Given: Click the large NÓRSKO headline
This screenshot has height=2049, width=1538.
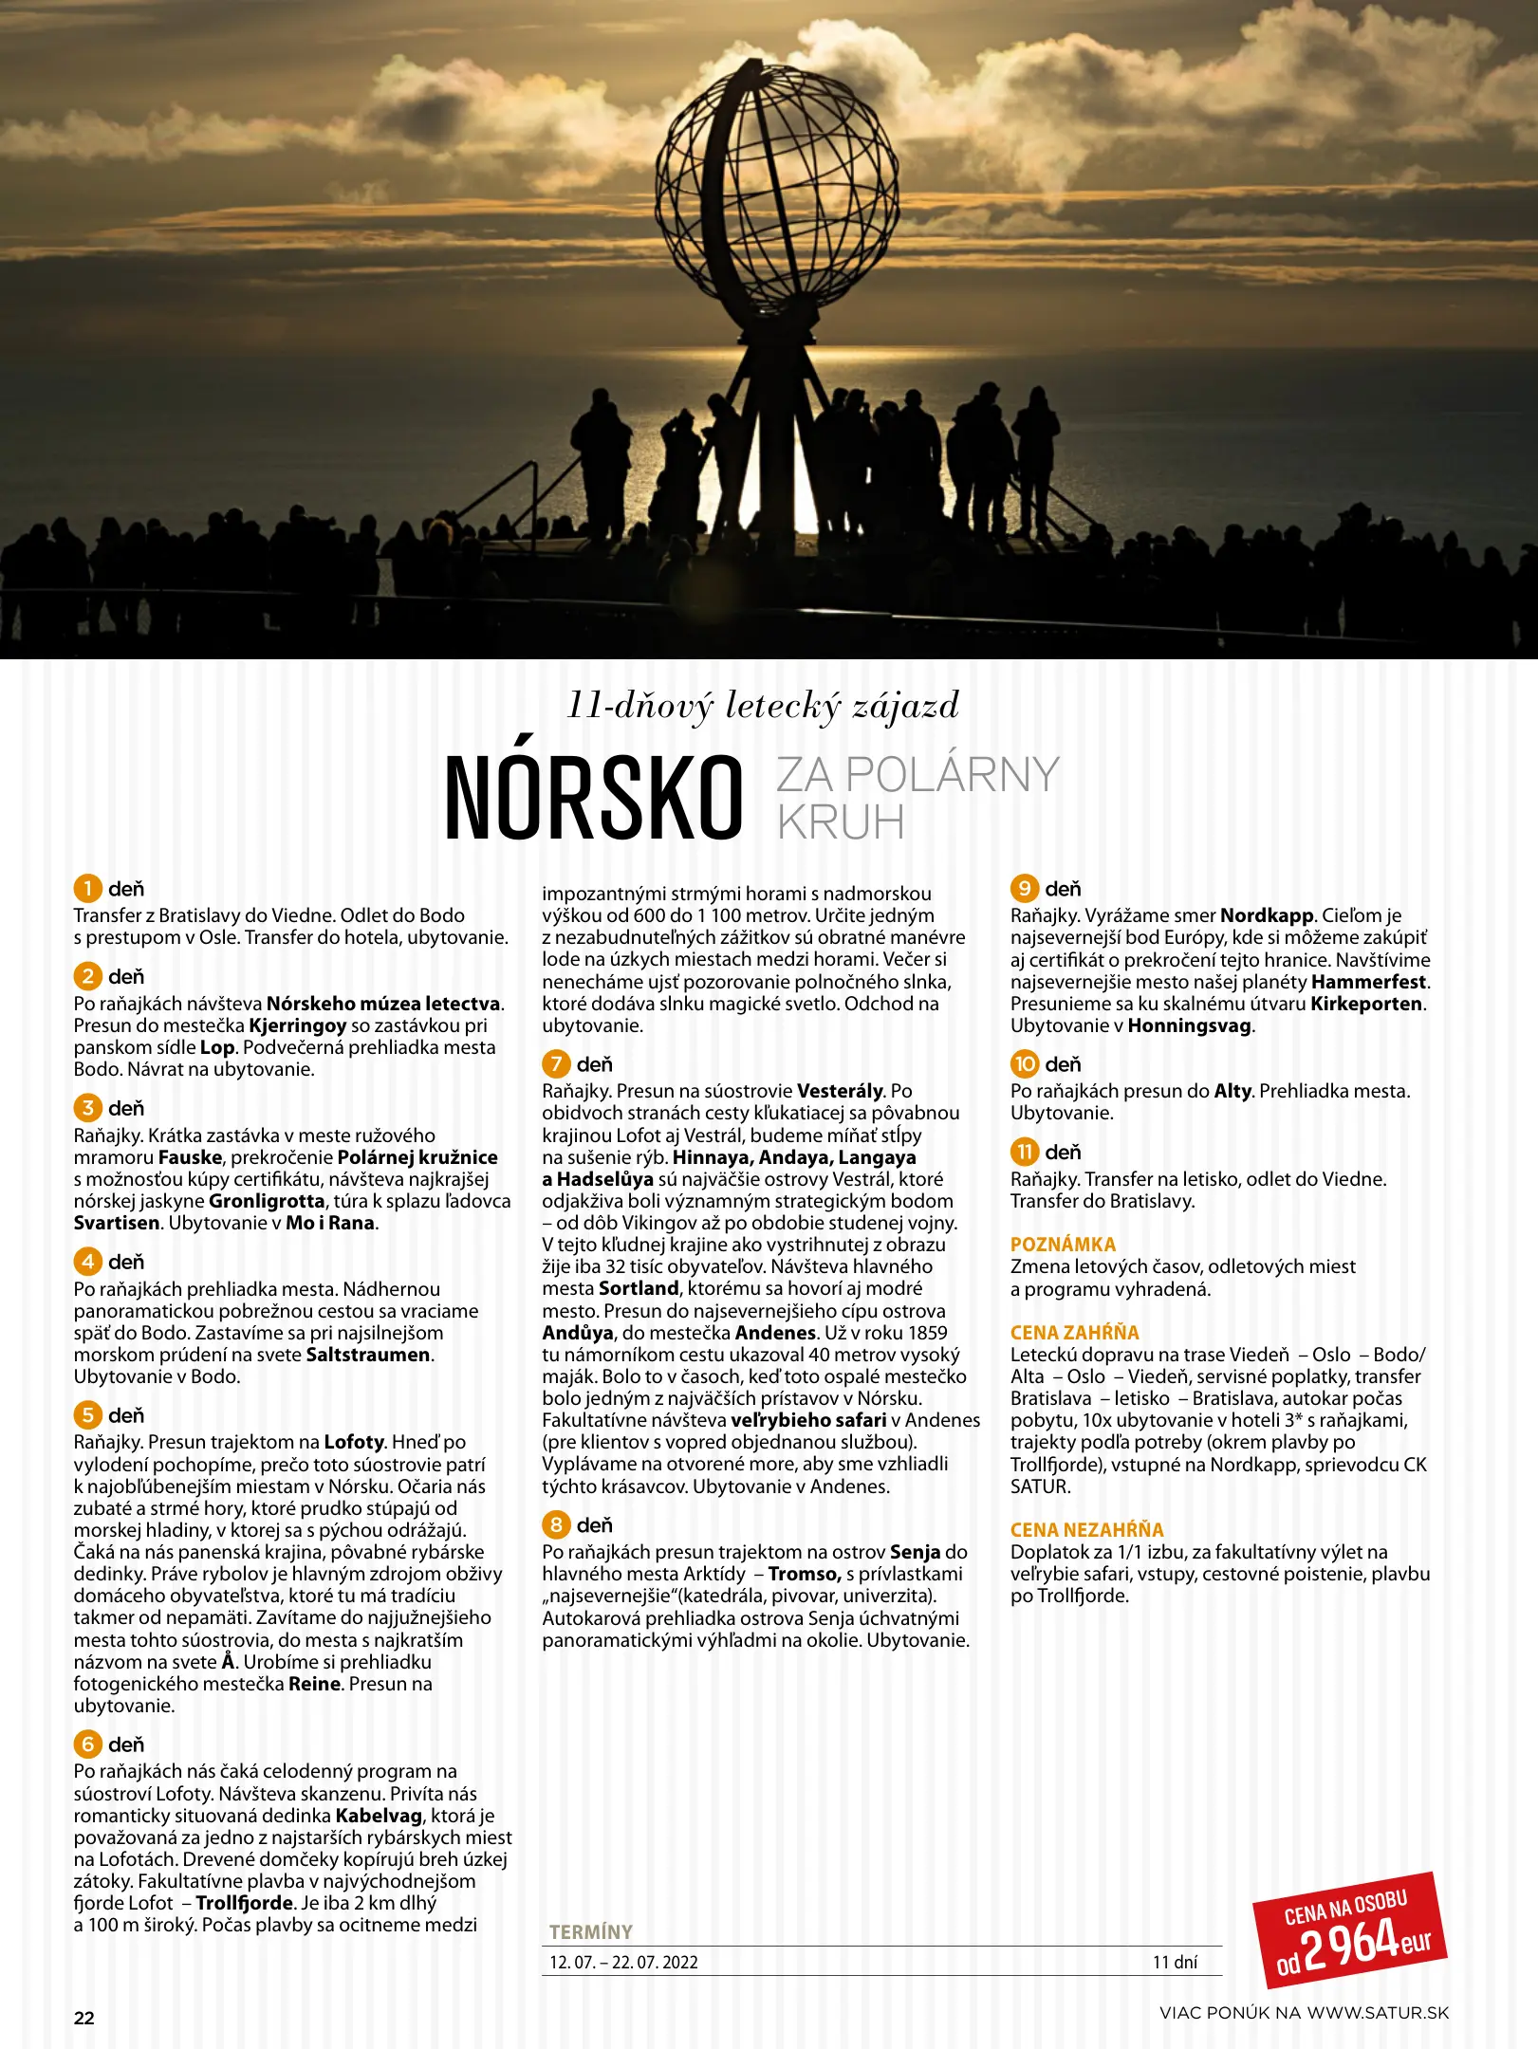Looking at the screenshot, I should pos(593,799).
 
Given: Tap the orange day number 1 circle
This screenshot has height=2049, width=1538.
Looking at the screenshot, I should pos(87,889).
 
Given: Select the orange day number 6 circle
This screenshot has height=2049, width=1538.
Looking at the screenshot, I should pos(87,1744).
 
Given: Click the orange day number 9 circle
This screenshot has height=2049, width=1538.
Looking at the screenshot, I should pos(1024,889).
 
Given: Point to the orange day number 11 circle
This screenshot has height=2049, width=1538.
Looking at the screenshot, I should pos(1024,1153).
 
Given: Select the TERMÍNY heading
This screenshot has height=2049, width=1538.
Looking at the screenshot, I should pos(590,1932).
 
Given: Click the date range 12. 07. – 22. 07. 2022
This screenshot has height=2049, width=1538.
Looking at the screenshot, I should pos(623,1963).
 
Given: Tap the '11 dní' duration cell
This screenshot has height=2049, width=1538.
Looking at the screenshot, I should pos(1175,1963).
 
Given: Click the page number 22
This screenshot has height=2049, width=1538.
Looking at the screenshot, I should pos(84,2018).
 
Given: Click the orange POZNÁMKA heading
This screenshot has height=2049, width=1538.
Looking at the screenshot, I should pos(1063,1245).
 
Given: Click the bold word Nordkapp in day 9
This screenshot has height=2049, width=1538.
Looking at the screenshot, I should pos(1266,916).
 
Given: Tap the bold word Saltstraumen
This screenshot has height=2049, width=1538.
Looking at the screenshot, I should pos(368,1355).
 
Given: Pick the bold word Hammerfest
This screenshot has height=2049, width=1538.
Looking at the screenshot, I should pos(1368,982).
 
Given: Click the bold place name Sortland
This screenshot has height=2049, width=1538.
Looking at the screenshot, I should pos(639,1288).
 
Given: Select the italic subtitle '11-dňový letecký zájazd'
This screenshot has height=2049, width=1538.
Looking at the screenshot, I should pos(763,706).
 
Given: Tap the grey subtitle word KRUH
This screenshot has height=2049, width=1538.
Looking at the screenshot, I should pos(841,822).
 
